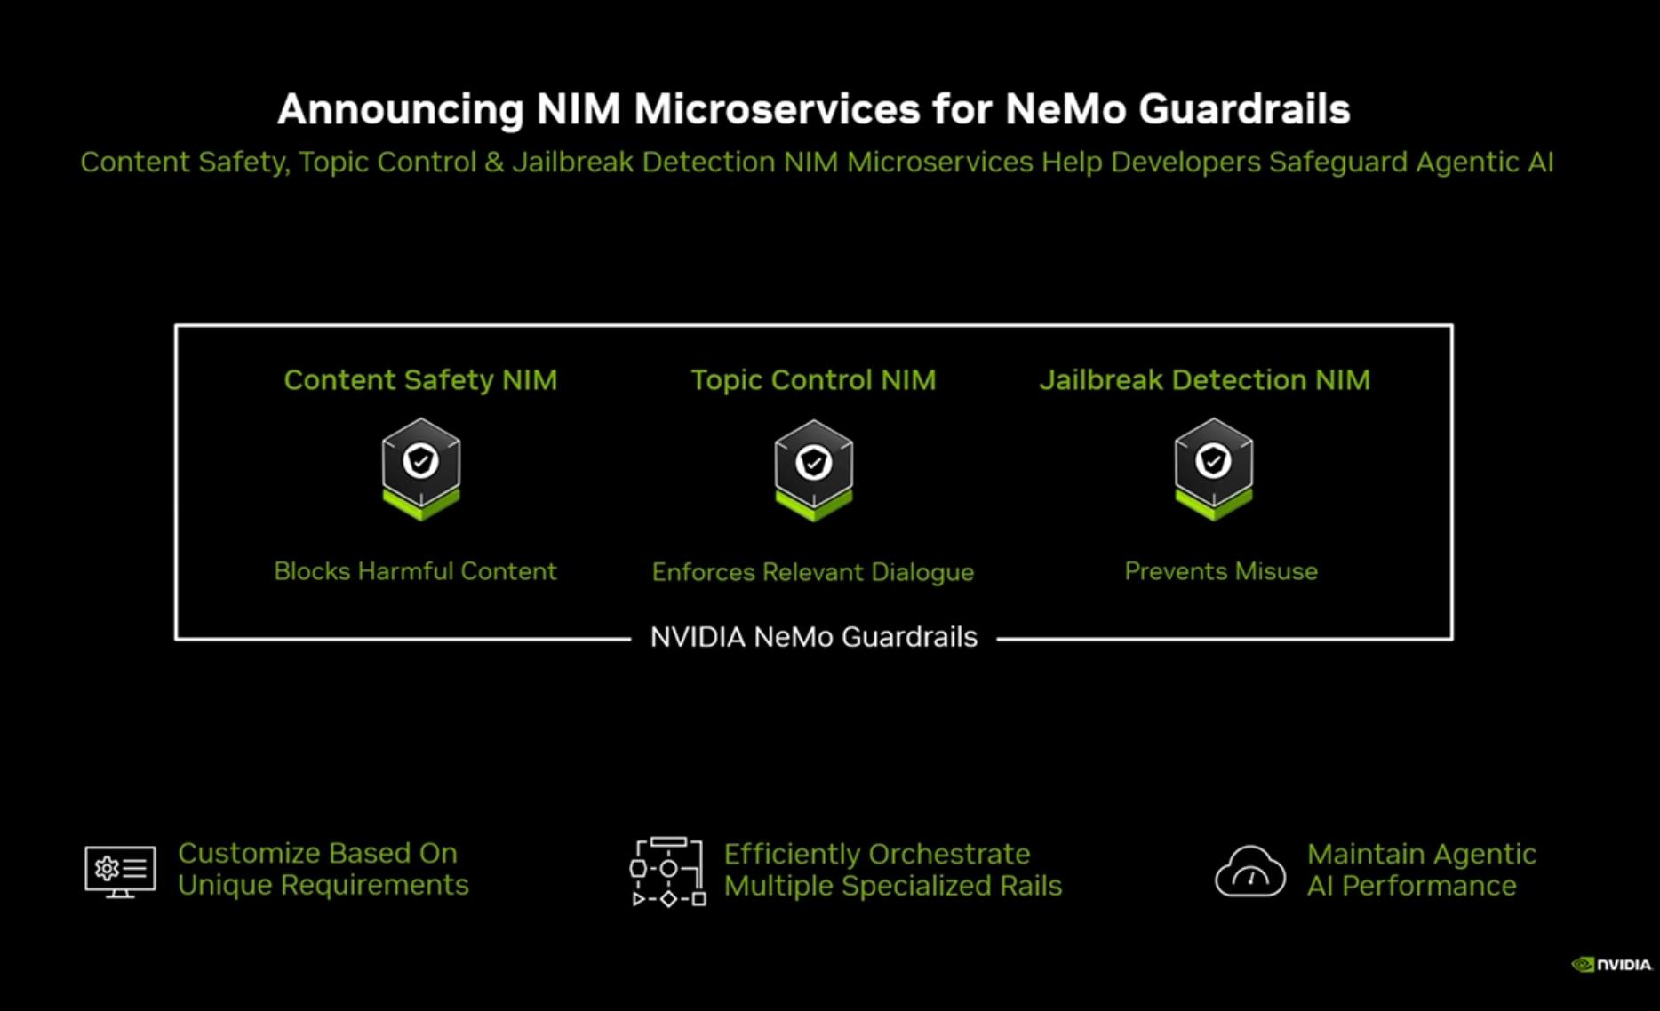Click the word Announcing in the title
400,110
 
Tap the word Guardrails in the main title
1243,110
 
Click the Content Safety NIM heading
420,380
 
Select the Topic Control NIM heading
813,380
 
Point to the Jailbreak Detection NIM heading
1204,380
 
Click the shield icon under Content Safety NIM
421,468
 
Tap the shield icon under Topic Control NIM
813,468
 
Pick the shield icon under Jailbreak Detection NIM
1213,468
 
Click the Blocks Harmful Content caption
415,571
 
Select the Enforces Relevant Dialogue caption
812,572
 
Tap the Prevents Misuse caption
1220,571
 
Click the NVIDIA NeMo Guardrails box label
813,637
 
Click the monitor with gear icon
120,871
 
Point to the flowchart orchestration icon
667,872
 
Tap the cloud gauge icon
1249,872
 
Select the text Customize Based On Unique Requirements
323,869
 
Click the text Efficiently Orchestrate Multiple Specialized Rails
892,870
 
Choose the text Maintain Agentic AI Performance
1420,870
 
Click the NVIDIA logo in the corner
1611,965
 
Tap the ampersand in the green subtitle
494,163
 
